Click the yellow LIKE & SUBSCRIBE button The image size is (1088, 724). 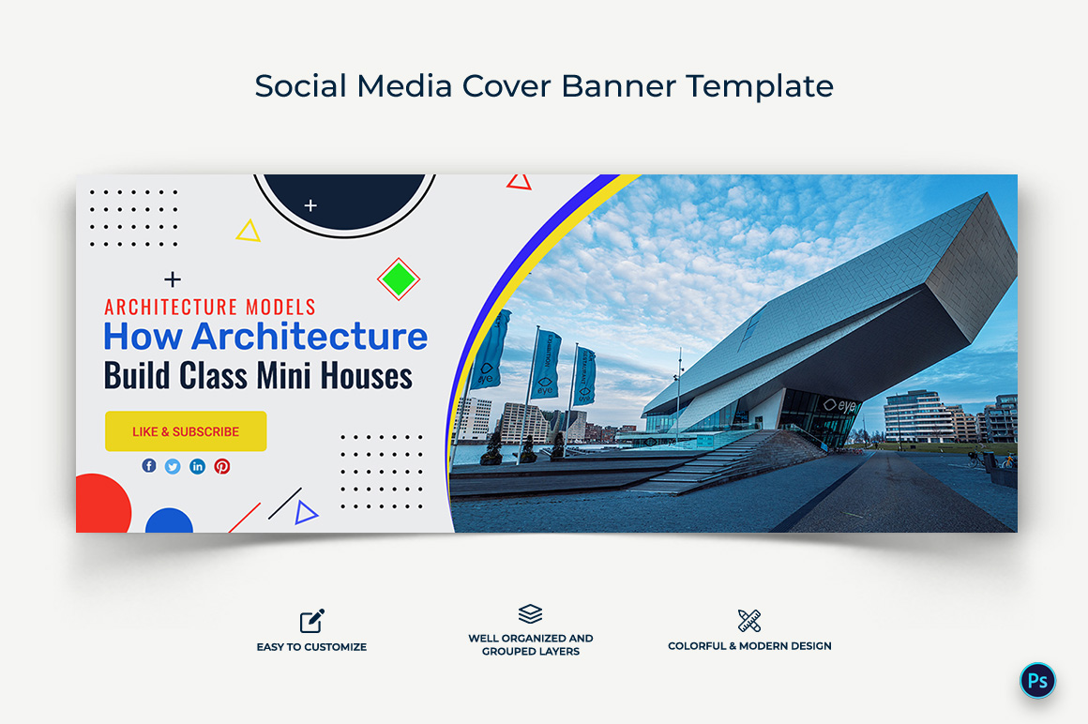click(186, 431)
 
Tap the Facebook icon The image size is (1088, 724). click(149, 465)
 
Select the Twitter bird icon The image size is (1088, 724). click(173, 467)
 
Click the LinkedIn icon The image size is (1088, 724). click(197, 466)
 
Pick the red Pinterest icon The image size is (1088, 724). click(222, 466)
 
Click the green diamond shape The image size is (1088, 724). click(399, 279)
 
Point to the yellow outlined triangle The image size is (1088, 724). click(248, 231)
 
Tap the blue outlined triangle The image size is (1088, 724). click(306, 512)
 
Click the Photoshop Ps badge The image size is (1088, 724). click(1037, 680)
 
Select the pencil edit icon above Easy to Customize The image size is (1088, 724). click(312, 621)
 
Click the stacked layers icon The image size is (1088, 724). click(530, 613)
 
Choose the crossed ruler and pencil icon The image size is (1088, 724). click(749, 621)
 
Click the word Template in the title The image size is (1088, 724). click(760, 86)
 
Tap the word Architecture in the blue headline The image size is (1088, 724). click(310, 337)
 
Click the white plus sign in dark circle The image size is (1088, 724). click(310, 205)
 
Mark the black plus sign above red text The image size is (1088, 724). click(173, 279)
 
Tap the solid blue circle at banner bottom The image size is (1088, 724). click(170, 520)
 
